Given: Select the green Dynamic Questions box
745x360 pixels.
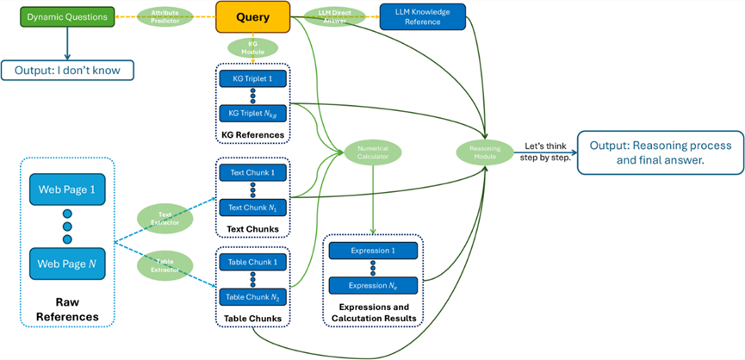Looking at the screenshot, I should (68, 16).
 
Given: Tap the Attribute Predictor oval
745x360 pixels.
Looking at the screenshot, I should (165, 16).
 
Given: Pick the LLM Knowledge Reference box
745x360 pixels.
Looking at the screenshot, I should (423, 16).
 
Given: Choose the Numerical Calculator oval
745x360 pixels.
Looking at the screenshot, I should (373, 152).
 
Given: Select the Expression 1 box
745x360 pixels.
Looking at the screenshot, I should (373, 251).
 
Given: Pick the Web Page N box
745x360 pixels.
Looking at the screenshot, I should (67, 264).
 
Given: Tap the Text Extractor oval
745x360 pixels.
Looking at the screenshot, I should (164, 218).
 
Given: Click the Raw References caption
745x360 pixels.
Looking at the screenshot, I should (67, 310).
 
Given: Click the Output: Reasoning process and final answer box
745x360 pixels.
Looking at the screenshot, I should (660, 152).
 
